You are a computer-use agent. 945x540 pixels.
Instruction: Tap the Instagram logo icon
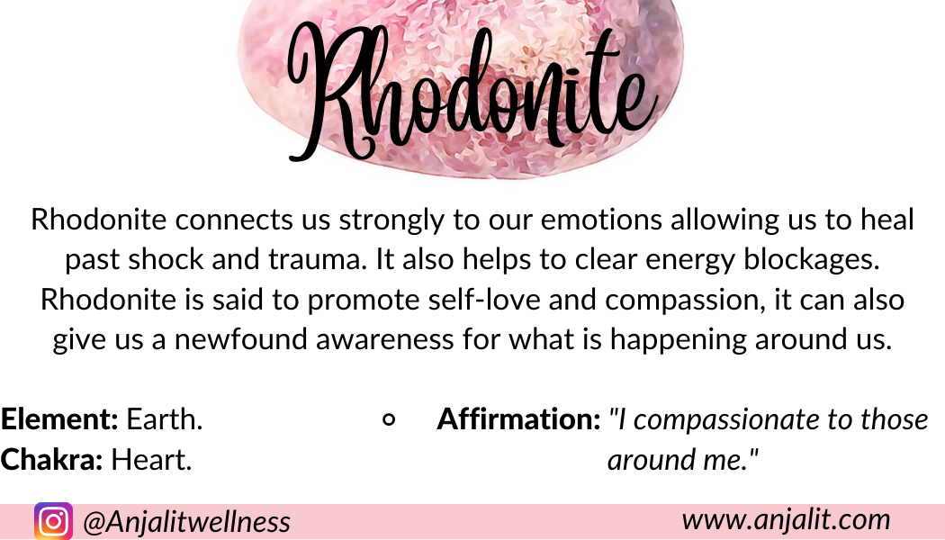53,521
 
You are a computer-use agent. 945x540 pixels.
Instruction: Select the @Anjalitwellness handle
187,521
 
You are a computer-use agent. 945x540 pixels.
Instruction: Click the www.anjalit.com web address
786,519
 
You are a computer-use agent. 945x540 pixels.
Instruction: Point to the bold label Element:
59,418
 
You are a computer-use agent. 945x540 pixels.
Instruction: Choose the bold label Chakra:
52,459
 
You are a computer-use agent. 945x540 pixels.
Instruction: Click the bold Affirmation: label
519,418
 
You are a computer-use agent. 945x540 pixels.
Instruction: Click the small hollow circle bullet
390,419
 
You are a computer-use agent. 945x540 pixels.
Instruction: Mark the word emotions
601,220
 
